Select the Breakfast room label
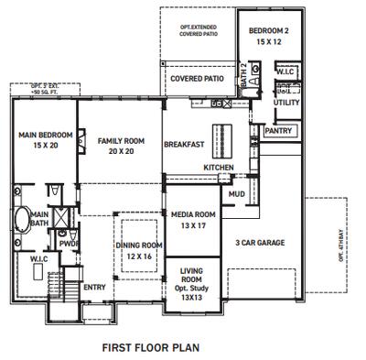pyautogui.click(x=183, y=145)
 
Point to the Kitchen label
pyautogui.click(x=219, y=168)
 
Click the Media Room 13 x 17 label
pyautogui.click(x=192, y=219)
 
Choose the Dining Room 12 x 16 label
pyautogui.click(x=139, y=251)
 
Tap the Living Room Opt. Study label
pyautogui.click(x=191, y=284)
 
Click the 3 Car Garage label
pyautogui.click(x=261, y=243)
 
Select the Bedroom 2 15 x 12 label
pyautogui.click(x=268, y=37)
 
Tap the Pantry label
pyautogui.click(x=277, y=131)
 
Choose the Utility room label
pyautogui.click(x=286, y=104)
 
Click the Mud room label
pyautogui.click(x=236, y=194)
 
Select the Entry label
pyautogui.click(x=94, y=287)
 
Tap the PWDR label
pyautogui.click(x=69, y=244)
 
